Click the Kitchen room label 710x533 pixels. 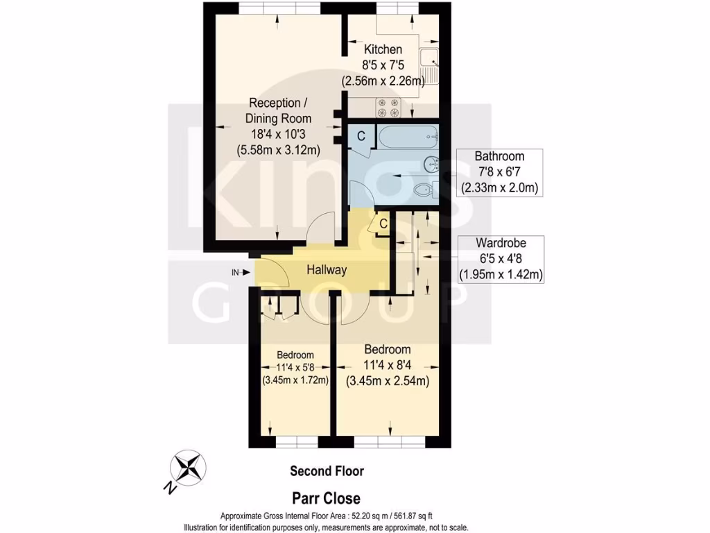383,50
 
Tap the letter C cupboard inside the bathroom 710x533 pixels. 361,137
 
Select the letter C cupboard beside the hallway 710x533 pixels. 382,224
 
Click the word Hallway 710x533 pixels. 327,271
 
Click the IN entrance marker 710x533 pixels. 236,272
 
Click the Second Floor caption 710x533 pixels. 327,471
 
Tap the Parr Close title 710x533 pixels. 326,498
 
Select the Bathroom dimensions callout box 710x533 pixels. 499,172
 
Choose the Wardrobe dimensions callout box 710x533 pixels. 501,259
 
